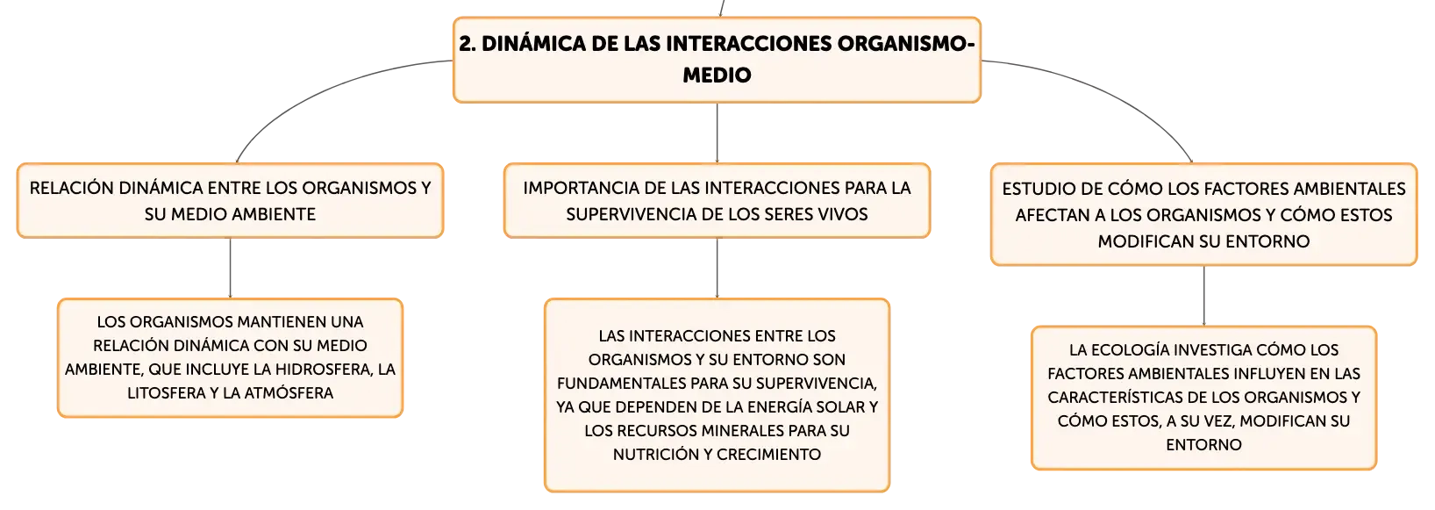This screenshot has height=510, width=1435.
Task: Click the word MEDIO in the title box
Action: point(717,75)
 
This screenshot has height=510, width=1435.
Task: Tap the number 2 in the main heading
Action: point(467,44)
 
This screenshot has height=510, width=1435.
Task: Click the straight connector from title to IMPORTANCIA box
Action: point(717,133)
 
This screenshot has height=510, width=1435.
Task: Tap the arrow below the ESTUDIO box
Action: point(1203,295)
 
